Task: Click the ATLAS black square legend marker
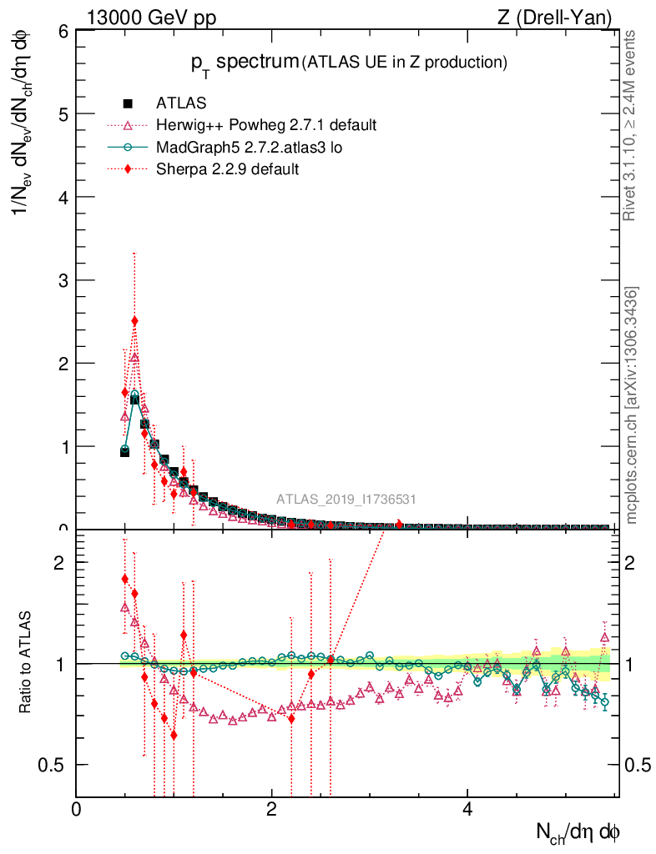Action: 129,103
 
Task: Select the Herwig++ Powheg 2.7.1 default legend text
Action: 266,125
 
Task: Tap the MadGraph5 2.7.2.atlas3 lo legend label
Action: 250,148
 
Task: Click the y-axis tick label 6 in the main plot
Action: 63,31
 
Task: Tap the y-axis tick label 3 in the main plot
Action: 63,280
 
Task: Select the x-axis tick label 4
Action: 467,808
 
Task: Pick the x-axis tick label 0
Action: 76,808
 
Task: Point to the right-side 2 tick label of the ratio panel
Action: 634,561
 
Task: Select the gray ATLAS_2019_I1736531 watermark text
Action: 346,500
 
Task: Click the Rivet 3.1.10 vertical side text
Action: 631,125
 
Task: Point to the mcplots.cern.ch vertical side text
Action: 632,404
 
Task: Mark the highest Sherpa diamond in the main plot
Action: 134,321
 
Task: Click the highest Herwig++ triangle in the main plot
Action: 134,357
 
